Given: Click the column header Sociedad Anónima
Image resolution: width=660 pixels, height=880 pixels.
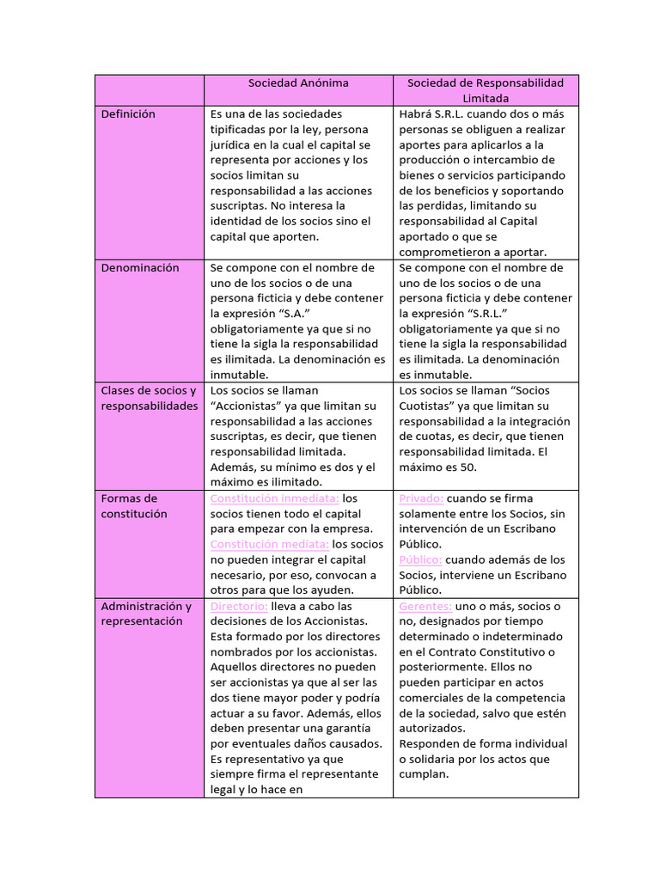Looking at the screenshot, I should tap(298, 82).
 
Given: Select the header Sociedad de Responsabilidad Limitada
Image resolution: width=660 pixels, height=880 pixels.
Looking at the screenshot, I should tap(486, 90).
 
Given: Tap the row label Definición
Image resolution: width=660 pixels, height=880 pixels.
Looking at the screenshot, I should tap(128, 113).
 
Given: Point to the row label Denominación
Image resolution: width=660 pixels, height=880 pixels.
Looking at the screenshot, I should tap(140, 267).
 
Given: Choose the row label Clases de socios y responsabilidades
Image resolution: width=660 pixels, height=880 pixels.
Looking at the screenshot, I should tap(149, 398).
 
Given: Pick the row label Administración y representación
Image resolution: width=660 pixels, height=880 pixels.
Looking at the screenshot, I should tap(146, 614).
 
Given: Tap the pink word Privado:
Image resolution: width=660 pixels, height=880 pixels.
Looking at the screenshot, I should tap(421, 498).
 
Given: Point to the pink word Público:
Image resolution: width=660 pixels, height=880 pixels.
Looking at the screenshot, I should tap(421, 559).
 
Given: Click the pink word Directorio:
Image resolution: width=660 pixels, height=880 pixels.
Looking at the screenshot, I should tap(239, 606).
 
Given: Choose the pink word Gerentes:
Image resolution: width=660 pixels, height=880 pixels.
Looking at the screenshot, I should tap(425, 606).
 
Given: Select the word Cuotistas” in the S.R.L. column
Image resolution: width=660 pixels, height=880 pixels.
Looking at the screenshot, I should tap(430, 406).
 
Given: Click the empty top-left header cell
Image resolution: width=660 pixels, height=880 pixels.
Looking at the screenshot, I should tap(149, 90).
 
